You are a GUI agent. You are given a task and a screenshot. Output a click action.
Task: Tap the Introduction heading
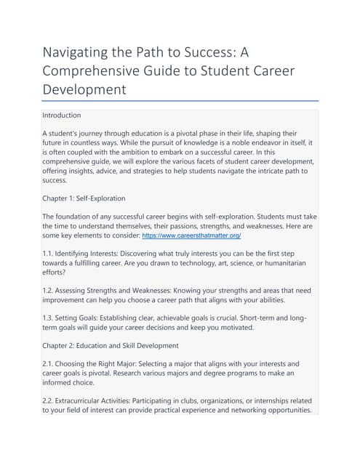point(62,115)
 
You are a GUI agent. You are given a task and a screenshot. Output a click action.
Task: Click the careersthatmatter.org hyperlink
point(191,236)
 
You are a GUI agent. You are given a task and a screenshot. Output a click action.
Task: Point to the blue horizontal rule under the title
point(180,101)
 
